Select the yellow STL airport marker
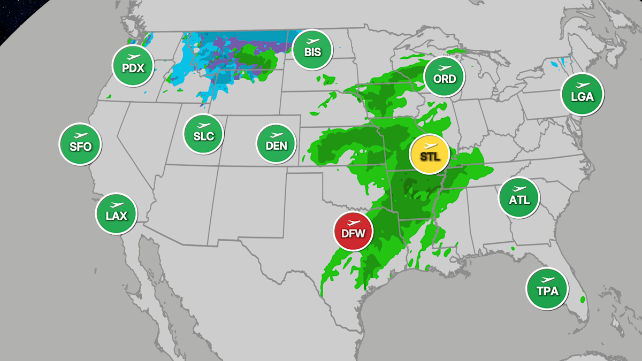tap(429, 153)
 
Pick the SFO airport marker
tap(80, 144)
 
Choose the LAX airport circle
tap(116, 213)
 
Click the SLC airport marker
tap(203, 134)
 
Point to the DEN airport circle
tap(276, 143)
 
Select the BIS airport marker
tap(313, 49)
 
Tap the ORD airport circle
tap(445, 76)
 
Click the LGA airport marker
tap(582, 94)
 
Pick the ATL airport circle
tap(519, 197)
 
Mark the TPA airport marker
tap(547, 288)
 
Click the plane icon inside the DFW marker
tap(354, 222)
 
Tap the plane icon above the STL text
tap(430, 145)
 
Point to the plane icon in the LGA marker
tap(582, 86)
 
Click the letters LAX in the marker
tap(116, 216)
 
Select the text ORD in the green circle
tap(445, 79)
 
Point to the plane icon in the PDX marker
tap(133, 57)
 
